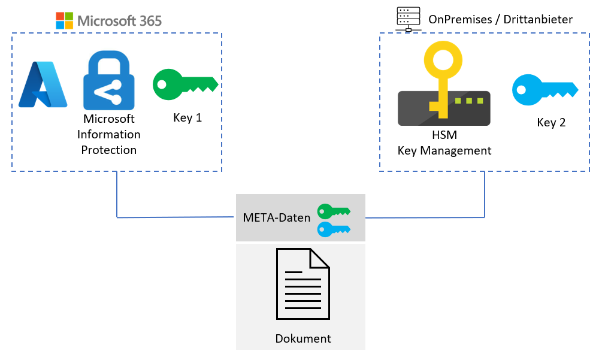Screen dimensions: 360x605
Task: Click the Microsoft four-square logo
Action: point(64,20)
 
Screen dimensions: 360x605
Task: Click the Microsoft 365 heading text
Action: point(120,20)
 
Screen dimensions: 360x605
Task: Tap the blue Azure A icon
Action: point(43,84)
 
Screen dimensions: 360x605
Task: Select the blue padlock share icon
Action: point(109,80)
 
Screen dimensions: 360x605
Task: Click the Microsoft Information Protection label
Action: point(109,134)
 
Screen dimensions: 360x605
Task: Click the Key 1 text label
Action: point(187,118)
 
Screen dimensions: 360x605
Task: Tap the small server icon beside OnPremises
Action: point(409,18)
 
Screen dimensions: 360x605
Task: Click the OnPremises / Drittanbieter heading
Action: point(500,20)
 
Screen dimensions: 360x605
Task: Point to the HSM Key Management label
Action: point(444,144)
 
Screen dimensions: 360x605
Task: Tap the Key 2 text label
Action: point(551,123)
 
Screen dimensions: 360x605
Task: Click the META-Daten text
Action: point(277,217)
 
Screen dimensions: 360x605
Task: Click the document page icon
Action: point(302,284)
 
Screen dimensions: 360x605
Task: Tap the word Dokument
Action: point(303,338)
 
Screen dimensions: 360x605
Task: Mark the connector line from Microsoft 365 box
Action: point(116,198)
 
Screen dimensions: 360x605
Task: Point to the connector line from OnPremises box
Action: point(484,198)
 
